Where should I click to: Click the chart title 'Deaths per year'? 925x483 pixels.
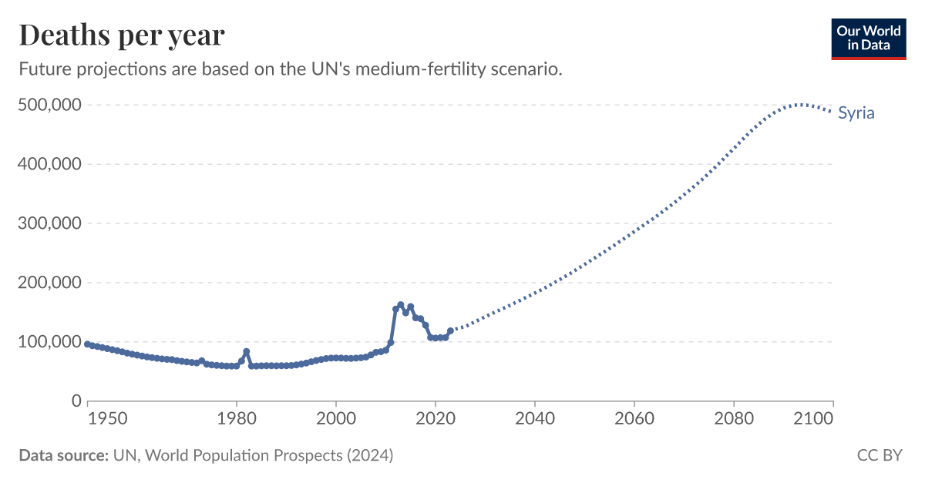[x=122, y=35]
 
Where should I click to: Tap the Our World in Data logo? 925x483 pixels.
[x=869, y=38]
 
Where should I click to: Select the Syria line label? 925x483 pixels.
[x=856, y=113]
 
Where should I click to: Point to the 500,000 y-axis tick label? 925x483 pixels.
[x=49, y=105]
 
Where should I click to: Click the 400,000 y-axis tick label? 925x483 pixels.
[x=49, y=164]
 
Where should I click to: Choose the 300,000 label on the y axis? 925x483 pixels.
[x=49, y=223]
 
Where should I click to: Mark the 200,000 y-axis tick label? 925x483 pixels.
[x=49, y=283]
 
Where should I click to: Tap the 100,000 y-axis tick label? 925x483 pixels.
[x=49, y=342]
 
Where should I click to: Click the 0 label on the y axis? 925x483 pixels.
[x=76, y=401]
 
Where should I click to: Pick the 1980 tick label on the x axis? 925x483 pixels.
[x=237, y=419]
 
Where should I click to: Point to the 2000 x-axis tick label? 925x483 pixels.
[x=336, y=419]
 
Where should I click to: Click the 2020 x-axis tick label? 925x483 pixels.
[x=436, y=419]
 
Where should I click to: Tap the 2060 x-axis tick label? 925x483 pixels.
[x=634, y=419]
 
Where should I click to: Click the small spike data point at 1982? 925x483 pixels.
[x=247, y=352]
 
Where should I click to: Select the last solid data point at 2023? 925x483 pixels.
[x=450, y=330]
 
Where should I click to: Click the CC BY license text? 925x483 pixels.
[x=880, y=455]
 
